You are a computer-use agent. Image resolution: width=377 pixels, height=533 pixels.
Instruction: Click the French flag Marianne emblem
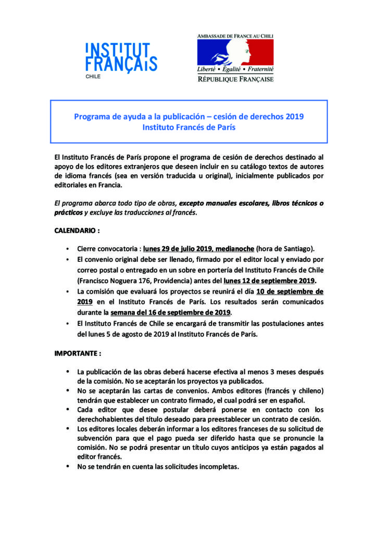(235, 51)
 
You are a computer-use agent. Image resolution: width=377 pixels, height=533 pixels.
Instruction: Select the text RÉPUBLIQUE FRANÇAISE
(235, 79)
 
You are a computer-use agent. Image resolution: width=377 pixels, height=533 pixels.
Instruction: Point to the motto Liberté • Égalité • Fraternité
(235, 69)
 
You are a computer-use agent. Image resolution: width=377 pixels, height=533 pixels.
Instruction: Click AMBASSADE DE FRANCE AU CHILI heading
(235, 36)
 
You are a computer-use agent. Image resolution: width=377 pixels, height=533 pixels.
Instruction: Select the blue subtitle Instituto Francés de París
(188, 128)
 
